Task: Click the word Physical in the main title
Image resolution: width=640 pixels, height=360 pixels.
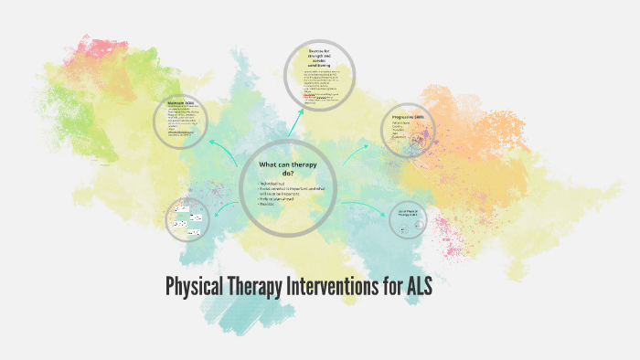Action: [195, 288]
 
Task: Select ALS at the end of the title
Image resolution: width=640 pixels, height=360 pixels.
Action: [413, 288]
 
